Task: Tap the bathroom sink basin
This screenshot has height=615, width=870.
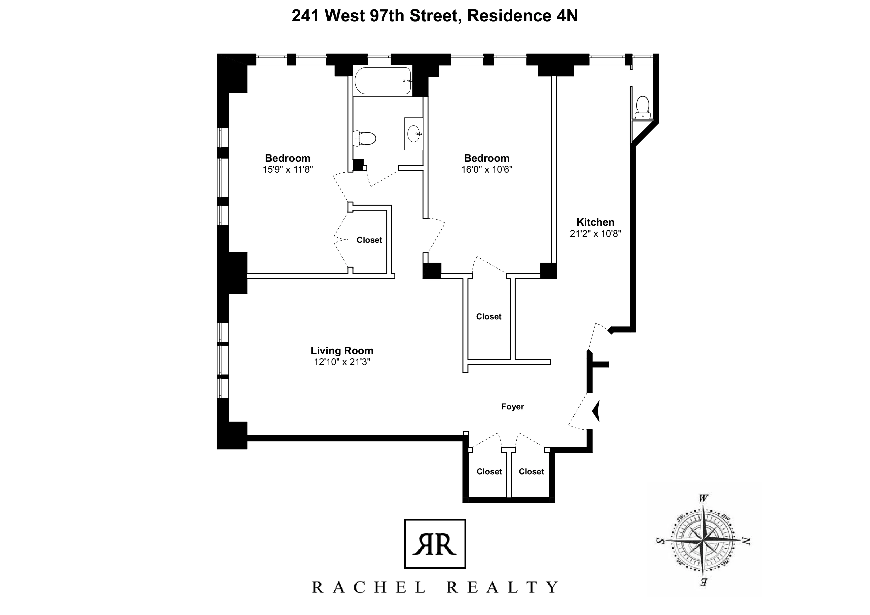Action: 414,134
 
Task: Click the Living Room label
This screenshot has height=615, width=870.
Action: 342,350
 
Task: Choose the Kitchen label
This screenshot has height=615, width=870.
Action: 595,222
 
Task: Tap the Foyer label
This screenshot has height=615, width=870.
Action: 512,407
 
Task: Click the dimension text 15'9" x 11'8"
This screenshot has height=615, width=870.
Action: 288,169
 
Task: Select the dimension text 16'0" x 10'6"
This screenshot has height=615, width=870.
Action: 487,169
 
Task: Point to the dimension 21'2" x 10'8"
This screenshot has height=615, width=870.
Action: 595,234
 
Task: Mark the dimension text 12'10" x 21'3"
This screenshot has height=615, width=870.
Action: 342,362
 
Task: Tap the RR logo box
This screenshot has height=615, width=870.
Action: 435,544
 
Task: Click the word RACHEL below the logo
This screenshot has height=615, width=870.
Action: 368,588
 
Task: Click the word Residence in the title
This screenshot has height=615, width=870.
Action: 509,16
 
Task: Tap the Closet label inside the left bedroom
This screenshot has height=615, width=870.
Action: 369,240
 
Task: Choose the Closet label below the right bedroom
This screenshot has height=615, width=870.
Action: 488,316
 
